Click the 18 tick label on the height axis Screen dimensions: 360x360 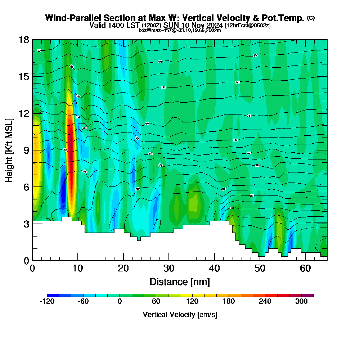click(24, 40)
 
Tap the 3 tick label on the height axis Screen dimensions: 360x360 click(26, 224)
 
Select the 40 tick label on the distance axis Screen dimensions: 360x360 click(214, 269)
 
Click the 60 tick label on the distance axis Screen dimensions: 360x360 click(305, 269)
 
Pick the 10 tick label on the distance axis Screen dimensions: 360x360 click(78, 269)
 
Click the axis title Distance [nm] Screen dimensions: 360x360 click(180, 282)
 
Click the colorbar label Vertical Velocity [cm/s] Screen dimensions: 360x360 click(180, 315)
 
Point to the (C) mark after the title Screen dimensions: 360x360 click(311, 18)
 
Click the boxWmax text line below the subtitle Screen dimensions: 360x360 click(180, 30)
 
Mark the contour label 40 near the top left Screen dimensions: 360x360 click(39, 51)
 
